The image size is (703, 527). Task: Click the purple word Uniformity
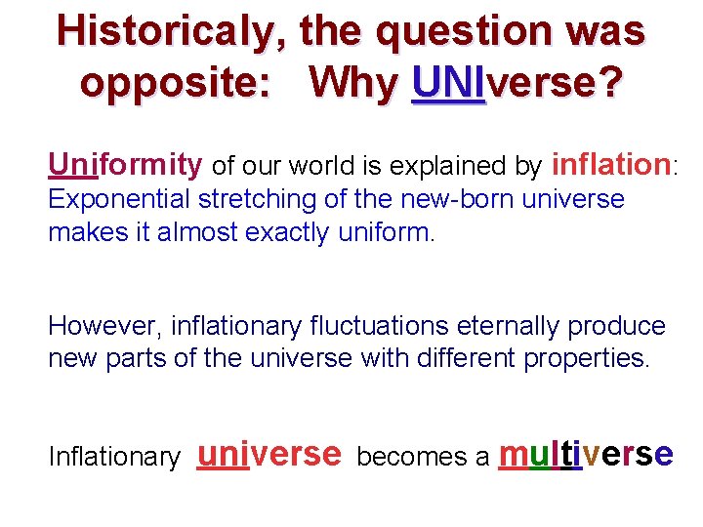(x=125, y=166)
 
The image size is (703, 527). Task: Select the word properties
(x=586, y=359)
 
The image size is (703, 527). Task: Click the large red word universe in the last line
(x=269, y=454)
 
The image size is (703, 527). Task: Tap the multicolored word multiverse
(x=586, y=454)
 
